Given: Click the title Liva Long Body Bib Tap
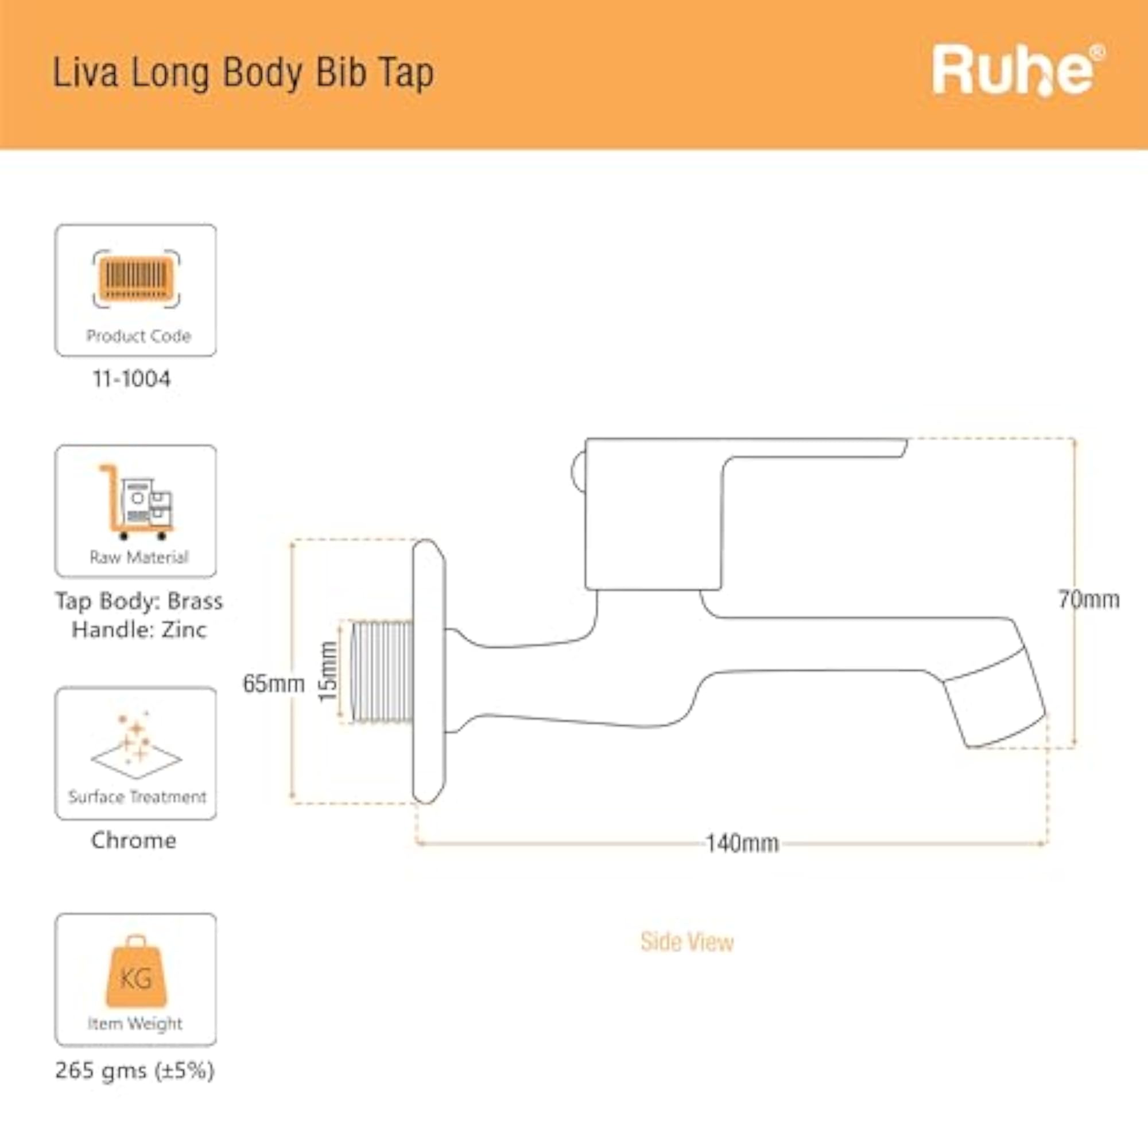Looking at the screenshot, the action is pos(243,73).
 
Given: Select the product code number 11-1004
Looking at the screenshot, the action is pos(131,378).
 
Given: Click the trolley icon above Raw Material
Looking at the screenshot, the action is pos(136,502).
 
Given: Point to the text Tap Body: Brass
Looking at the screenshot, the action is pos(139,601).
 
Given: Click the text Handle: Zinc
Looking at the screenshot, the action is pos(139,629).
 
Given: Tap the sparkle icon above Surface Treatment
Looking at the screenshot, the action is pos(136,745).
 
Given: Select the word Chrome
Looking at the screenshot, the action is pos(134,840).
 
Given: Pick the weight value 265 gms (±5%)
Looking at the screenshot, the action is pos(135,1071).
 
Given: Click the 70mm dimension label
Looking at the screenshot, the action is pos(1088,599).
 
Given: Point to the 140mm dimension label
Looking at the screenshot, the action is pos(742,843).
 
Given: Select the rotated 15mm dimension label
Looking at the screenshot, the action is pos(328,672).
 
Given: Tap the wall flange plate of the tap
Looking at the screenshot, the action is pos(429,672).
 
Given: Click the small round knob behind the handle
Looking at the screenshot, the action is pos(578,472).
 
